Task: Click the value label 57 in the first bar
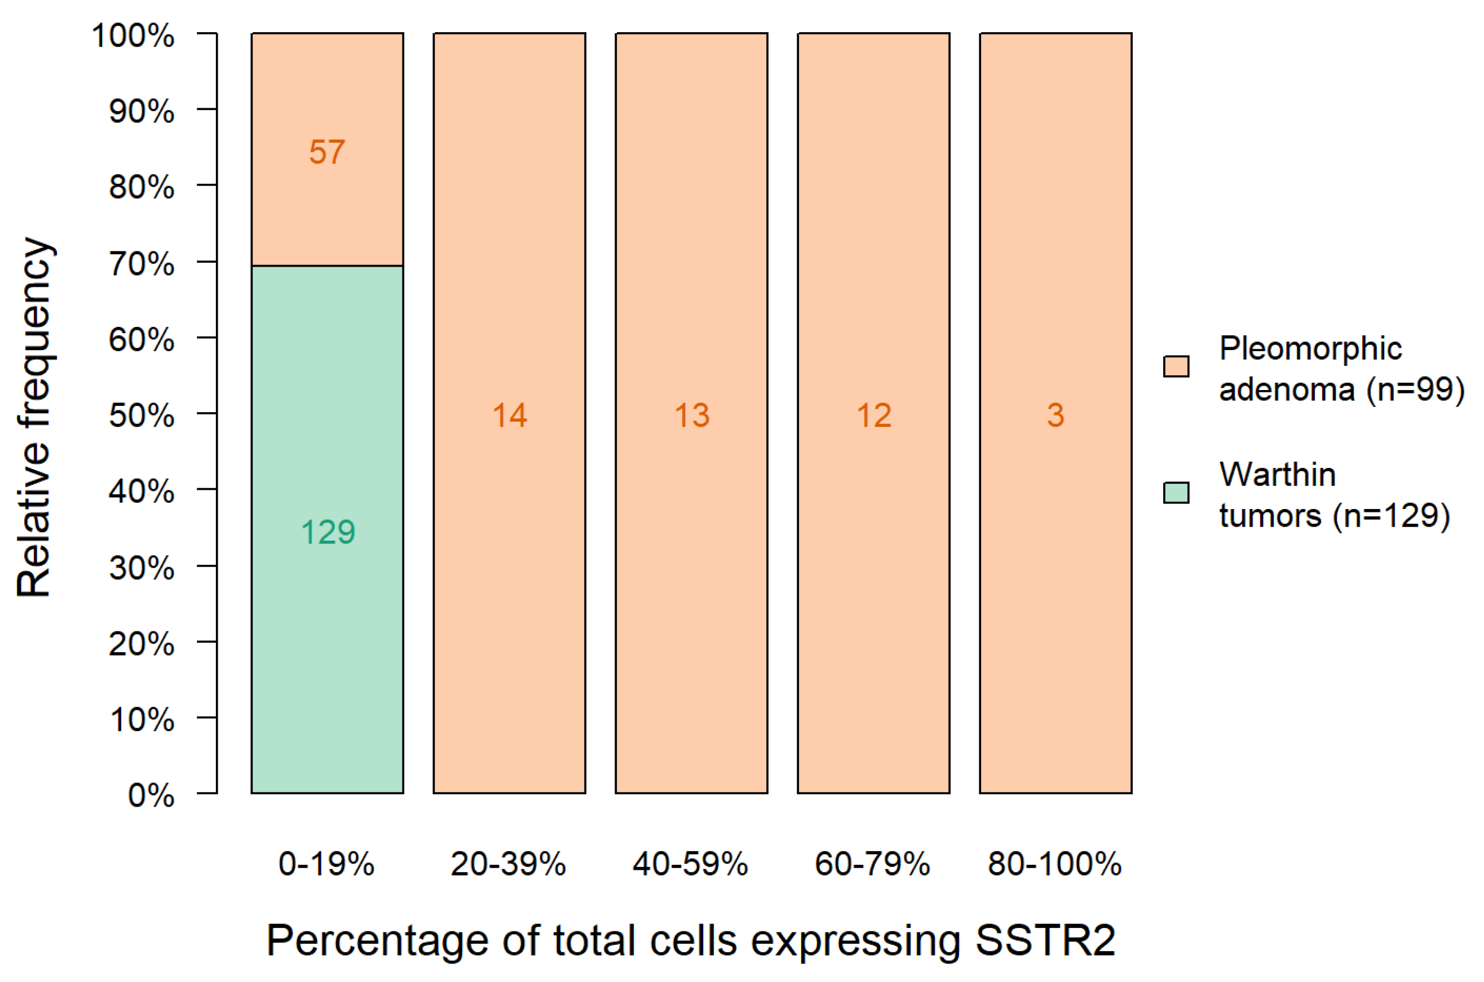point(326,152)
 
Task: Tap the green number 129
point(328,532)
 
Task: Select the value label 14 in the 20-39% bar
point(509,416)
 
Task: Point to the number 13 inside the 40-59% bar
point(692,416)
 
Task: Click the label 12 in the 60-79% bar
point(873,416)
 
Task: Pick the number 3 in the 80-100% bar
point(1055,416)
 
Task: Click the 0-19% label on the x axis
point(326,864)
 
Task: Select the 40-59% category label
point(690,864)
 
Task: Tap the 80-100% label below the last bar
point(1055,864)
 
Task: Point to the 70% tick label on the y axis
point(142,264)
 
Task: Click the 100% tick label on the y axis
point(133,36)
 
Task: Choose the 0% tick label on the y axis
point(151,796)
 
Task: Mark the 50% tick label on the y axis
point(142,416)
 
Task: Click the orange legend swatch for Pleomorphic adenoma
point(1176,366)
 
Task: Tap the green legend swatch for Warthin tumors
point(1176,493)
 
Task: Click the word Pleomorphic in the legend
point(1310,349)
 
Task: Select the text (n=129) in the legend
point(1392,516)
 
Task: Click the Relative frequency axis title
point(34,417)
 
